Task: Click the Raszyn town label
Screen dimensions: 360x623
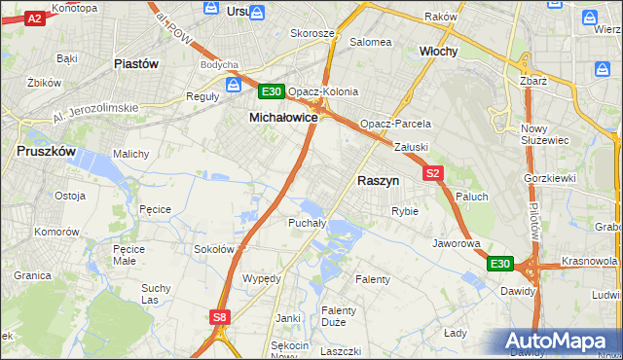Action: pyautogui.click(x=379, y=181)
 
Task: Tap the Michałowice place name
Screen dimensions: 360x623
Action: pyautogui.click(x=283, y=117)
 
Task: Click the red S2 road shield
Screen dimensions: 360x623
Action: pyautogui.click(x=434, y=173)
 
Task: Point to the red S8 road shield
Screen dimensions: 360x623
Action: pyautogui.click(x=221, y=316)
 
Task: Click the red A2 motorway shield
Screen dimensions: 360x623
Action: pyautogui.click(x=33, y=18)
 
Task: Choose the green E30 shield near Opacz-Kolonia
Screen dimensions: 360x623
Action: pyautogui.click(x=272, y=91)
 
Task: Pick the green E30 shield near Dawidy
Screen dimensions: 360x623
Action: pyautogui.click(x=499, y=264)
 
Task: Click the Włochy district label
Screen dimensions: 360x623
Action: pyautogui.click(x=438, y=51)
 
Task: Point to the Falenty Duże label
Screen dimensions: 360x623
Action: pyautogui.click(x=339, y=317)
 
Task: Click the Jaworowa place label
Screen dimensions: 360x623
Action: pyautogui.click(x=458, y=243)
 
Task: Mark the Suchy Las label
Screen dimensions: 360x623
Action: pyautogui.click(x=156, y=294)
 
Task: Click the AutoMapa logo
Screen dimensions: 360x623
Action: pyautogui.click(x=556, y=342)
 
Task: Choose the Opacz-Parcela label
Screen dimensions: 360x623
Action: pyautogui.click(x=395, y=125)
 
